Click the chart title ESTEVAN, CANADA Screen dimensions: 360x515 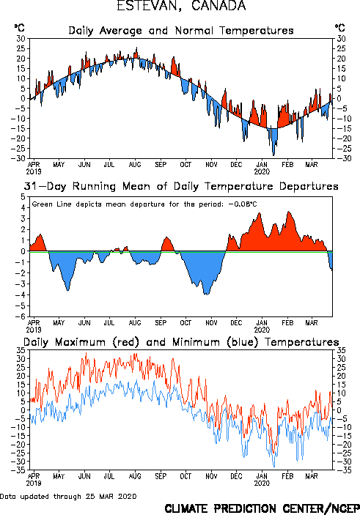[x=181, y=6]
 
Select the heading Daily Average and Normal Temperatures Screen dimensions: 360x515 [x=181, y=31]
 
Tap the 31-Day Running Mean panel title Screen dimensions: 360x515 [x=181, y=186]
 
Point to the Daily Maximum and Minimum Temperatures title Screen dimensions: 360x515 [x=181, y=342]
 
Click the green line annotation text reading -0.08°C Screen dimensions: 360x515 [x=243, y=204]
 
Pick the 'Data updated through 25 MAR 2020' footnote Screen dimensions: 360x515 [x=68, y=496]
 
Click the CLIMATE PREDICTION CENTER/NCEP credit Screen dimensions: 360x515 [x=262, y=508]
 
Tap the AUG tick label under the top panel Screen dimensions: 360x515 [x=135, y=164]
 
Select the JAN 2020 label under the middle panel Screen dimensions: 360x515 [x=262, y=326]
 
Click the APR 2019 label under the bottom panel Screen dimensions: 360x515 [x=34, y=480]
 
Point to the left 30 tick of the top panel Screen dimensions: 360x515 [x=21, y=39]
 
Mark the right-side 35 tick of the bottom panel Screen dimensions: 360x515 [x=341, y=350]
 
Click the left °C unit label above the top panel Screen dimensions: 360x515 [x=19, y=28]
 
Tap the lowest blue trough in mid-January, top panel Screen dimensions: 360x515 [x=273, y=155]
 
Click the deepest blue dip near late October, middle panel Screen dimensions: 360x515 [x=206, y=294]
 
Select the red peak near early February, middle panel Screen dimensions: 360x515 [x=289, y=212]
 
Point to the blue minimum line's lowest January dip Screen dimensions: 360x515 [x=274, y=467]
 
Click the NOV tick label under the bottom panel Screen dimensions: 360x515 [x=211, y=476]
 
